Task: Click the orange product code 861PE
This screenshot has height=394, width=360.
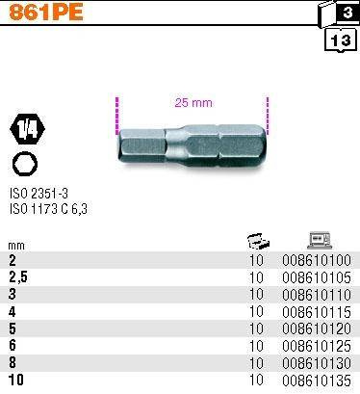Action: (46, 13)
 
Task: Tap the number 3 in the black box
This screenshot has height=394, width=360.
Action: (347, 13)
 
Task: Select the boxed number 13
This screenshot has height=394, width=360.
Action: (341, 40)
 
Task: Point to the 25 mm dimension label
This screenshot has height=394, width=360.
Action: (193, 103)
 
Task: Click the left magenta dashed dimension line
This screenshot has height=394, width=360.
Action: (117, 116)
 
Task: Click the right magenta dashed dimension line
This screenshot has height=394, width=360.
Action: (268, 115)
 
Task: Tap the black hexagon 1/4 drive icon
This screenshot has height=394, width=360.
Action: (28, 129)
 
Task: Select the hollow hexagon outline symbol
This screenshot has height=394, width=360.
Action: (25, 164)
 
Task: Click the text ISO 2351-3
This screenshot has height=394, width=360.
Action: (39, 194)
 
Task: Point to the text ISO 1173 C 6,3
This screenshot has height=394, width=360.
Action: (48, 209)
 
